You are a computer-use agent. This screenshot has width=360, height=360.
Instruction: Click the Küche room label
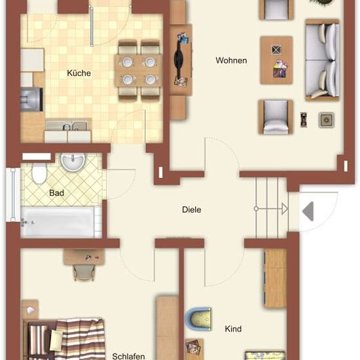click(79, 73)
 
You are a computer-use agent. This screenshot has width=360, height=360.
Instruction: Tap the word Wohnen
click(231, 60)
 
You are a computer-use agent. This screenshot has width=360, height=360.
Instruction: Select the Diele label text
click(192, 209)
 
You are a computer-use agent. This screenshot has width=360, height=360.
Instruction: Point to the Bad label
click(56, 193)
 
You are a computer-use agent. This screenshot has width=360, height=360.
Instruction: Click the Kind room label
click(233, 329)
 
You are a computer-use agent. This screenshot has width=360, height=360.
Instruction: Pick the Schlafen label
click(128, 356)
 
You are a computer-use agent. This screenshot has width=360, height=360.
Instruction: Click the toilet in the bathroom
click(39, 173)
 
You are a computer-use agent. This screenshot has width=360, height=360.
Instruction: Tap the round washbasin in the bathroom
click(73, 161)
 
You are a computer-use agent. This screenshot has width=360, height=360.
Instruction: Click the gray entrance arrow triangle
click(309, 211)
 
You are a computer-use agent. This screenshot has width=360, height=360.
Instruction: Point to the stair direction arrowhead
click(285, 209)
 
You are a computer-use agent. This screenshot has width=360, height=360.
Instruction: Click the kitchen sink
click(68, 125)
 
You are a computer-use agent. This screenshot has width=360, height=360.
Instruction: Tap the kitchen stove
click(31, 99)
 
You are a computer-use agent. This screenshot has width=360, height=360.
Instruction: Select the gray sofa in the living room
click(322, 60)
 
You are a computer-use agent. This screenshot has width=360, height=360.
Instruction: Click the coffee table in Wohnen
click(276, 60)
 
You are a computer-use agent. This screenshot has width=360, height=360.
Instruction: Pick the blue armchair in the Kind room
click(198, 319)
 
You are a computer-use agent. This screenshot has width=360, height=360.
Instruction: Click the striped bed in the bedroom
click(64, 339)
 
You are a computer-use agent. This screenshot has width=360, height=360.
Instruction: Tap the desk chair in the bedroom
click(84, 272)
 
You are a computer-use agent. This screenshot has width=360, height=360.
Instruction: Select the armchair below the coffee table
click(276, 117)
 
